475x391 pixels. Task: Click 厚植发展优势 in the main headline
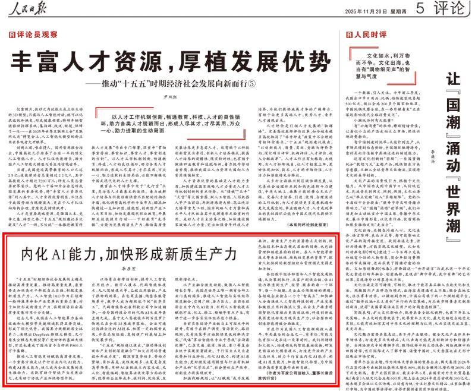pos(243,61)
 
